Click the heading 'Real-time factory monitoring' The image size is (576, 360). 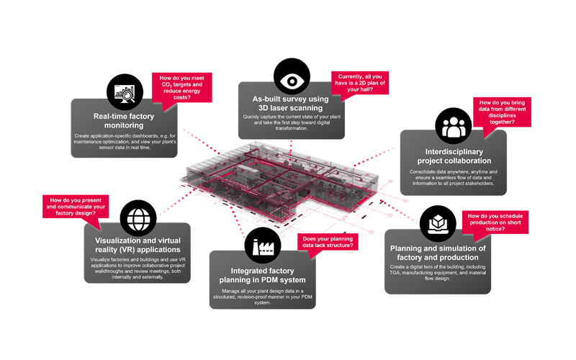coord(119,120)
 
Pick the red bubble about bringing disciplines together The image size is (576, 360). coord(505,112)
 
